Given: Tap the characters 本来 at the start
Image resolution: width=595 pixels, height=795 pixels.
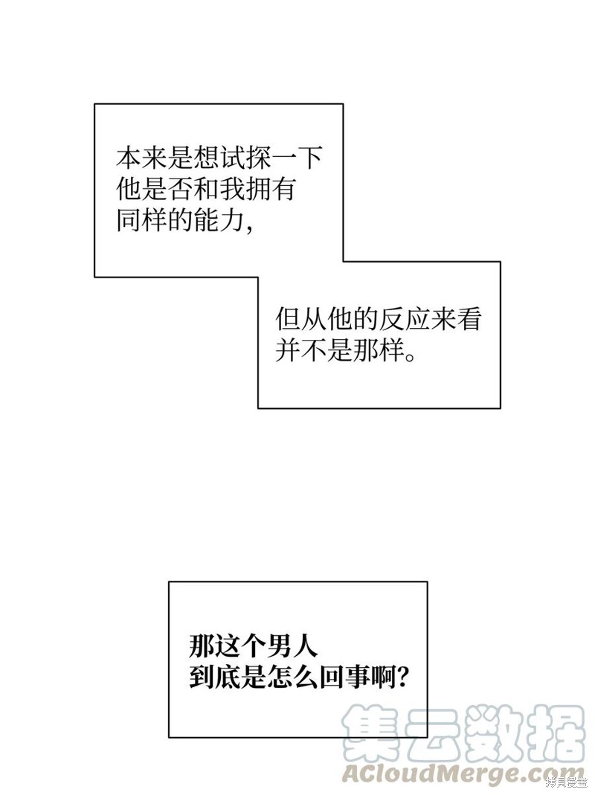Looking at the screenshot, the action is pyautogui.click(x=141, y=159).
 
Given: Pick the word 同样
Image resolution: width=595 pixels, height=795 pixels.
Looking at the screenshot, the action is pyautogui.click(x=141, y=220).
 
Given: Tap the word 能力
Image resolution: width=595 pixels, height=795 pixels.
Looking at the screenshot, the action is pyautogui.click(x=219, y=220).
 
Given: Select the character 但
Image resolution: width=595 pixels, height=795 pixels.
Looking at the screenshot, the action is pyautogui.click(x=288, y=319).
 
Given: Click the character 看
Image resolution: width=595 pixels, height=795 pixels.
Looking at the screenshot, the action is pyautogui.click(x=467, y=319).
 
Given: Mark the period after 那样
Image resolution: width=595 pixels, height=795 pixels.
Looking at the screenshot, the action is pyautogui.click(x=409, y=355).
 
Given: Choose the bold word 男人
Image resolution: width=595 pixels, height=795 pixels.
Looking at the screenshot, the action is pyautogui.click(x=292, y=646).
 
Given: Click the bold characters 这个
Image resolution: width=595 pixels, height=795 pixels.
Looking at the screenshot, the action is pyautogui.click(x=240, y=646).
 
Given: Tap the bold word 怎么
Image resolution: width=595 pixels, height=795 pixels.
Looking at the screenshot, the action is pyautogui.click(x=292, y=676).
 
